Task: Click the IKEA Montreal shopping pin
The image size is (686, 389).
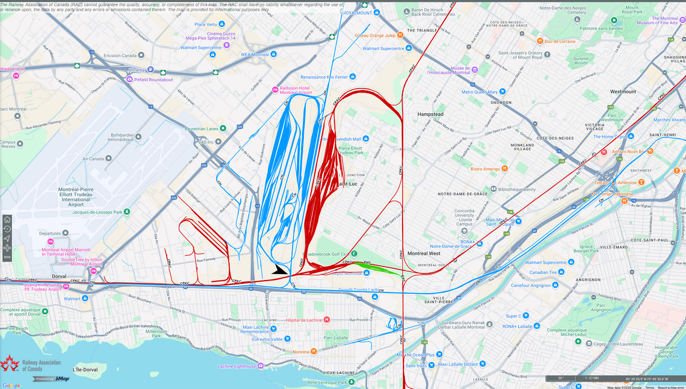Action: tap(274, 54)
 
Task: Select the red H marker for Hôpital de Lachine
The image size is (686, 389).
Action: tap(326, 320)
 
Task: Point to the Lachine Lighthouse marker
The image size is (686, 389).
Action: tap(260, 366)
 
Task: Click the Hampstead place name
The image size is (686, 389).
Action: tap(430, 114)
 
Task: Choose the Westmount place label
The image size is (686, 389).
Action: tap(623, 92)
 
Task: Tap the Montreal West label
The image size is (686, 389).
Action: tap(424, 253)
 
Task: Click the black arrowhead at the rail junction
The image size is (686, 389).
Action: tap(280, 269)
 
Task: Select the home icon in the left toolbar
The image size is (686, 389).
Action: tap(7, 219)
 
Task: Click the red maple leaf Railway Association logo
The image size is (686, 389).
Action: tap(9, 364)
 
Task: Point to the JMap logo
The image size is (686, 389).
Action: tap(62, 379)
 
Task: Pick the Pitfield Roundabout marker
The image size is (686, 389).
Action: tap(129, 79)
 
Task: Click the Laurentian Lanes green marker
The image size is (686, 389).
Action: tap(223, 128)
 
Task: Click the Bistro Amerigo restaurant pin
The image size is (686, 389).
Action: tap(504, 169)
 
